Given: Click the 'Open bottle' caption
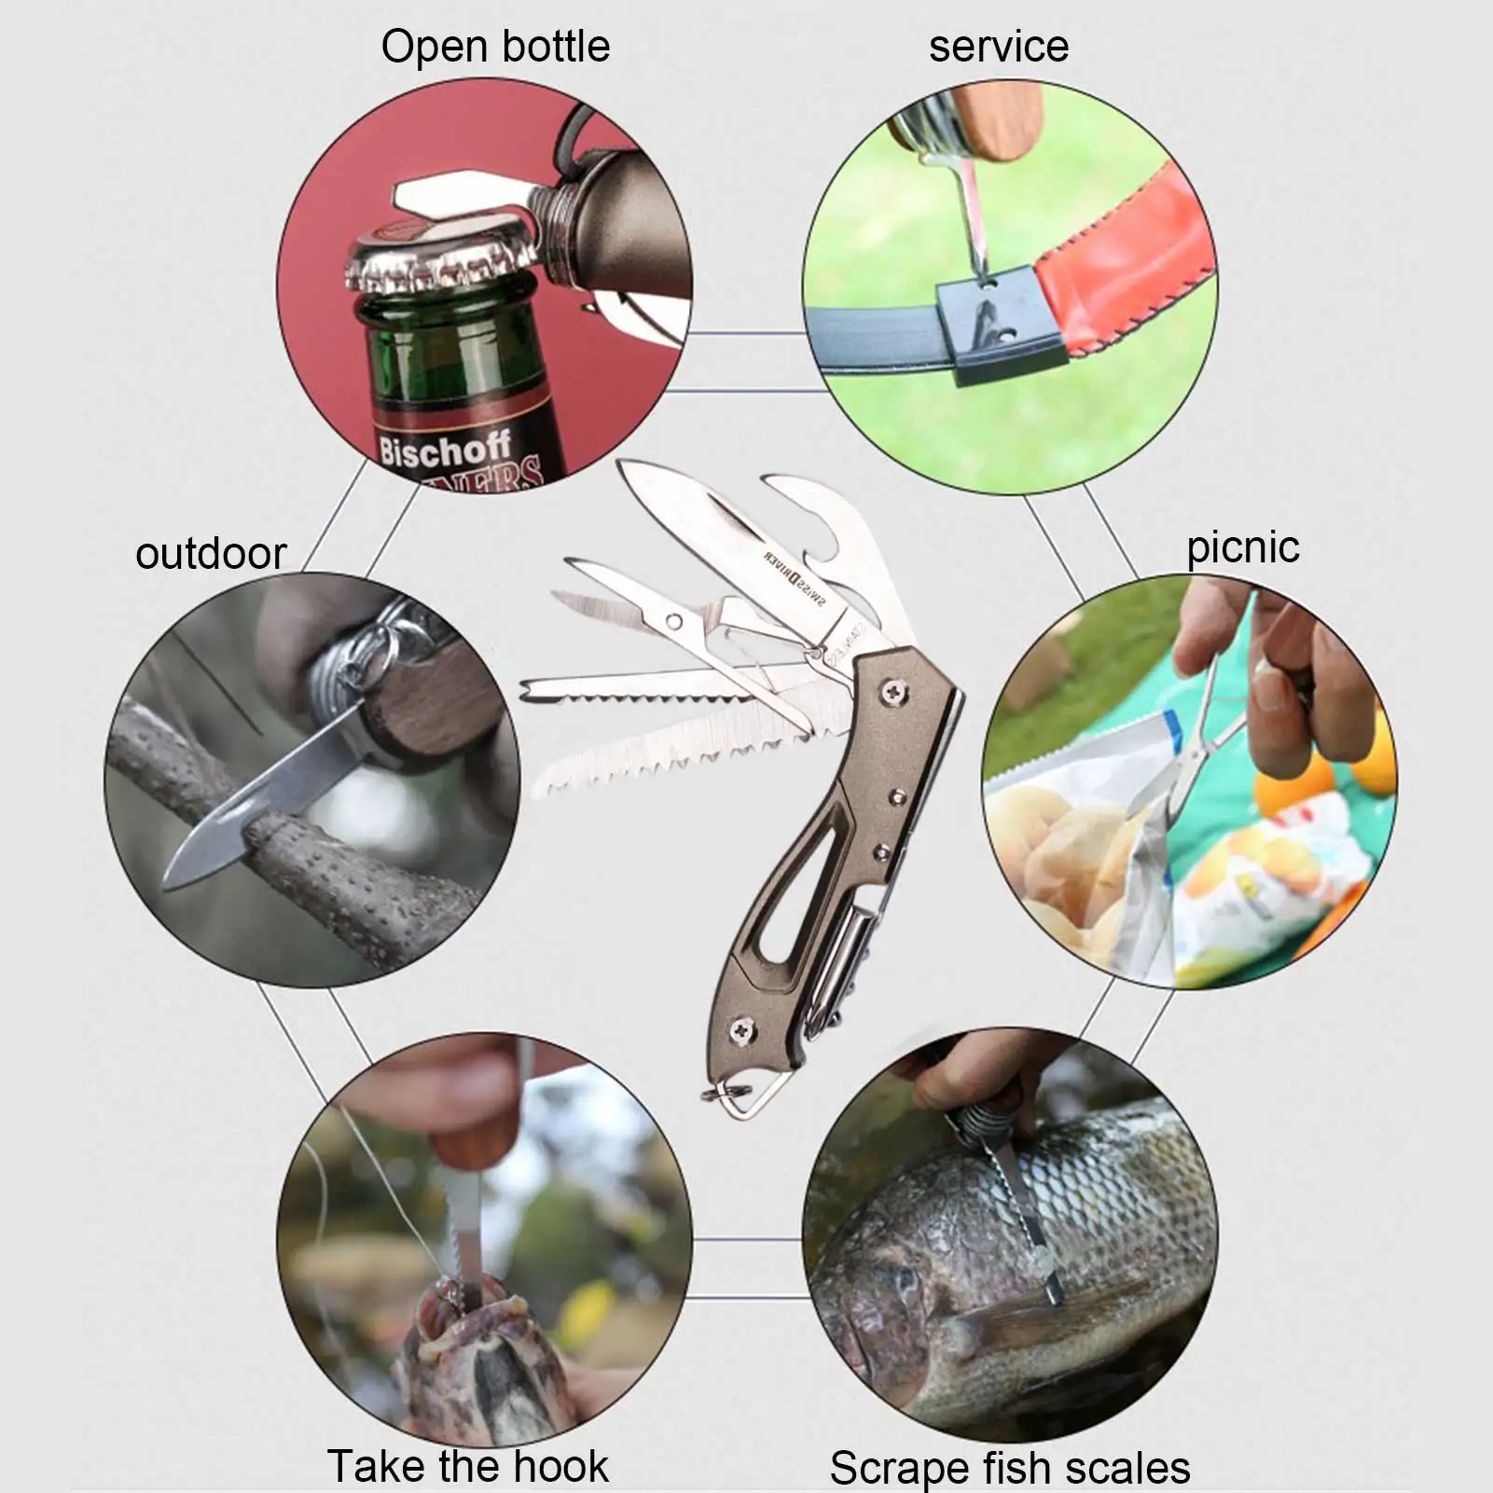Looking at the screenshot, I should click(x=495, y=47).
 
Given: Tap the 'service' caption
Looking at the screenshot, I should click(x=998, y=47).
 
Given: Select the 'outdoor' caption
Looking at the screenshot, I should click(x=211, y=553).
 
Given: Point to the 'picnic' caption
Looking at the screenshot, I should click(x=1242, y=546).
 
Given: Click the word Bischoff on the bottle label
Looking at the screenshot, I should click(x=445, y=450).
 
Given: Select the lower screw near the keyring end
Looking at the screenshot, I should click(x=742, y=1030).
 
